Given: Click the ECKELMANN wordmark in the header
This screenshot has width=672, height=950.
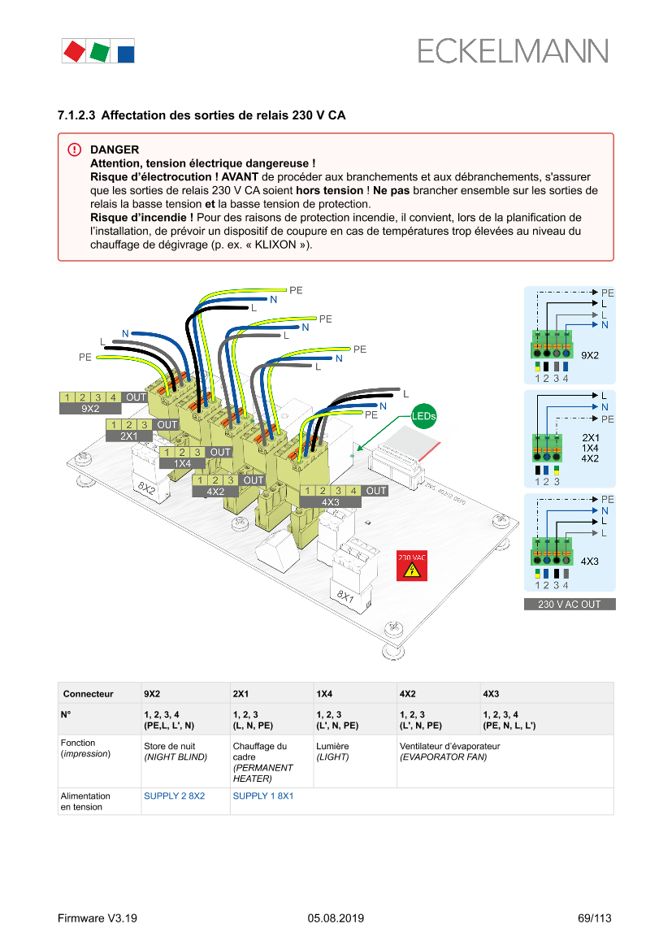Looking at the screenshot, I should [x=513, y=51].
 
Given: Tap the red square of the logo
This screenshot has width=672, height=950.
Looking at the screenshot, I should [x=74, y=51].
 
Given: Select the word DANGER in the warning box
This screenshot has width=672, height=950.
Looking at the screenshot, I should [x=115, y=150].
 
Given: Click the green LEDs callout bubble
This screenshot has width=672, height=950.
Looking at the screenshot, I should [x=423, y=416].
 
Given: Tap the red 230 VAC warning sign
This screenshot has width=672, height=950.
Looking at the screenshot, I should [x=411, y=566].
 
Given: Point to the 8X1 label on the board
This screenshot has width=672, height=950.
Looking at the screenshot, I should [x=345, y=596].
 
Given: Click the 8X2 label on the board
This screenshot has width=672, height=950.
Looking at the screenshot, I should [x=146, y=488].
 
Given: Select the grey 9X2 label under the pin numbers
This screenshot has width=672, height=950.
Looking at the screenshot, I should [x=91, y=409].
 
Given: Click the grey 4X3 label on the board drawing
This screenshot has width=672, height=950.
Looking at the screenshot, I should [x=330, y=502].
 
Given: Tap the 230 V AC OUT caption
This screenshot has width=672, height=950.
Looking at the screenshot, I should [x=569, y=605].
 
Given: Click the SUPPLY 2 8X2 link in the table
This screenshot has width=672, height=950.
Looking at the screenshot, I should [x=174, y=796].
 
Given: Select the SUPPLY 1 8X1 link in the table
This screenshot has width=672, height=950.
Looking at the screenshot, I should [x=262, y=796].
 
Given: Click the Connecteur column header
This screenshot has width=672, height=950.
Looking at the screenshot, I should [x=89, y=694].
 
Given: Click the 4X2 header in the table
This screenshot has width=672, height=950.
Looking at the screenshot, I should [x=408, y=694].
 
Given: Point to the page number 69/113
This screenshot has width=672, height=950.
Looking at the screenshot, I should [x=594, y=918].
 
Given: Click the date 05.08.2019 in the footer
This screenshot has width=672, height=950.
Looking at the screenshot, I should [x=336, y=918].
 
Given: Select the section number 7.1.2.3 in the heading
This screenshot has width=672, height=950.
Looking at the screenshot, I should [x=76, y=115].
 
